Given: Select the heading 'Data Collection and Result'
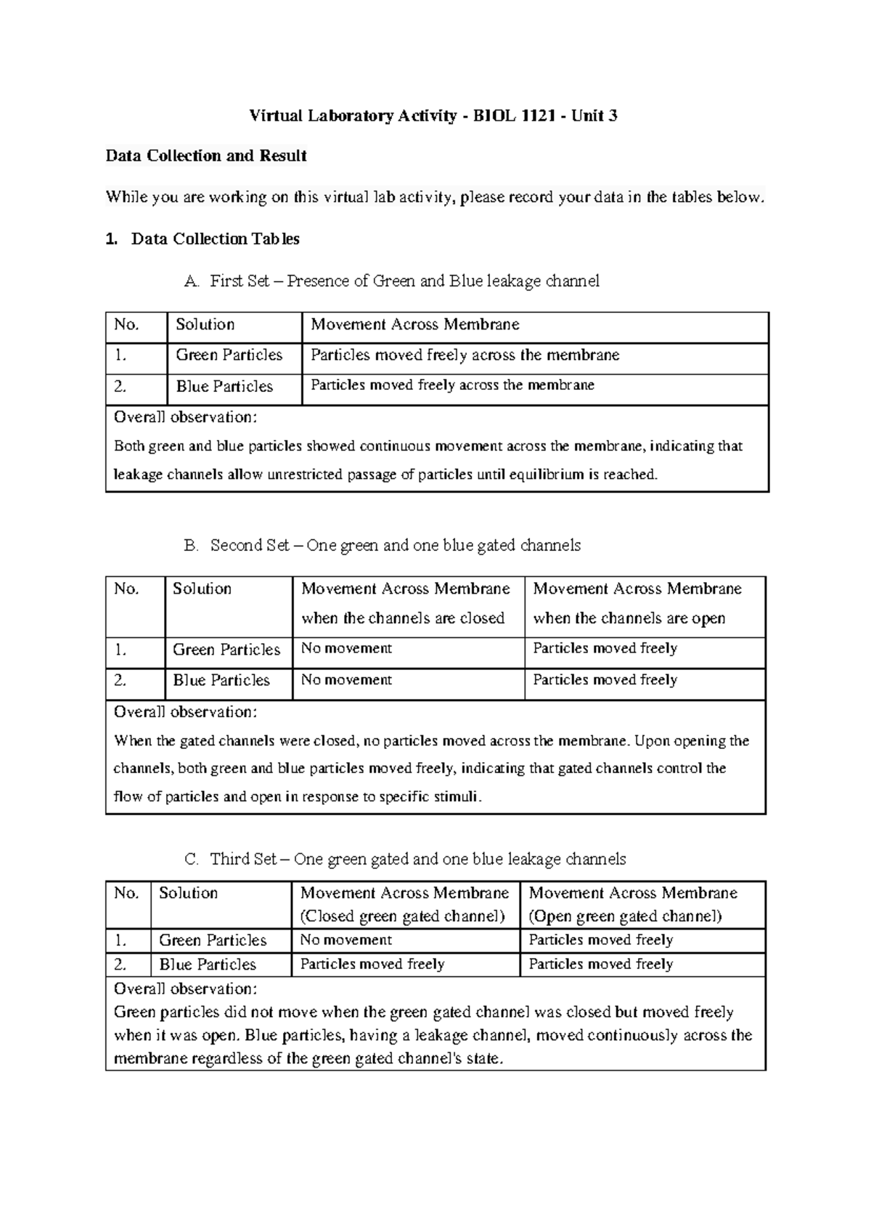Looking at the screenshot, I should pos(206,155).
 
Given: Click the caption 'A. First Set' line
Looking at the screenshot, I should pos(392,281).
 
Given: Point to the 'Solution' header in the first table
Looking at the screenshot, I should pos(205,324).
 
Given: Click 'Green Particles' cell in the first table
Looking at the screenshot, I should pos(229,355).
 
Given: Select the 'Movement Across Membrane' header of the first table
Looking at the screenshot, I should pos(414,324).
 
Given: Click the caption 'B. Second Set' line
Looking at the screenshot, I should pos(383,545).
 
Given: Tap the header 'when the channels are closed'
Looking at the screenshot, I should pos(403,618).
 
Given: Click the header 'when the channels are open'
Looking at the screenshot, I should pos(629,618).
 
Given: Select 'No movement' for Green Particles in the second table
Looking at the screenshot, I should pos(346,648).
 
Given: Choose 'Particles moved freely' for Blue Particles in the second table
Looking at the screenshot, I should pos(605,680).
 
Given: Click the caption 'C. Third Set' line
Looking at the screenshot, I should pos(405,859).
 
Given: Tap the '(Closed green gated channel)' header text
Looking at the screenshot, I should pos(402,916).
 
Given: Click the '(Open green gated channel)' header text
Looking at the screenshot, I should pos(625,916).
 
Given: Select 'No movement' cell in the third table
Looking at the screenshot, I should pos(345,940).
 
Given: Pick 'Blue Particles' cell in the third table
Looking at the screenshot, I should pos(208,965).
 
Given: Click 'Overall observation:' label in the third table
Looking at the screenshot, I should pos(185,989).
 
